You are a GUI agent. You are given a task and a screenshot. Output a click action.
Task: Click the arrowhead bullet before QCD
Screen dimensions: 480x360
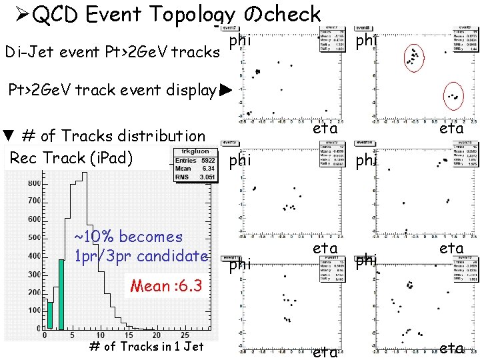pyautogui.click(x=16, y=15)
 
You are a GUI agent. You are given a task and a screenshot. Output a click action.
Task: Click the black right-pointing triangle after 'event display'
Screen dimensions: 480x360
pyautogui.click(x=225, y=89)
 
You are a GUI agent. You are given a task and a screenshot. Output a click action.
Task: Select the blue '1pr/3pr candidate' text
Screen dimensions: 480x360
pyautogui.click(x=141, y=255)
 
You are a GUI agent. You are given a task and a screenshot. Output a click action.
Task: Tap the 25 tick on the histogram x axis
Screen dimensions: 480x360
pyautogui.click(x=185, y=335)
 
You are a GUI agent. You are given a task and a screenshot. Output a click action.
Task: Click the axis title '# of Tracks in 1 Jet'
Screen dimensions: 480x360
pyautogui.click(x=146, y=346)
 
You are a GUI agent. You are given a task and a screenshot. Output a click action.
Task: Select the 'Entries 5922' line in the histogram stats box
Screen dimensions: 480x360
pyautogui.click(x=192, y=160)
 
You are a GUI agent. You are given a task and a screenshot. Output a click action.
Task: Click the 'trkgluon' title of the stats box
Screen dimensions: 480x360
pyautogui.click(x=192, y=151)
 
